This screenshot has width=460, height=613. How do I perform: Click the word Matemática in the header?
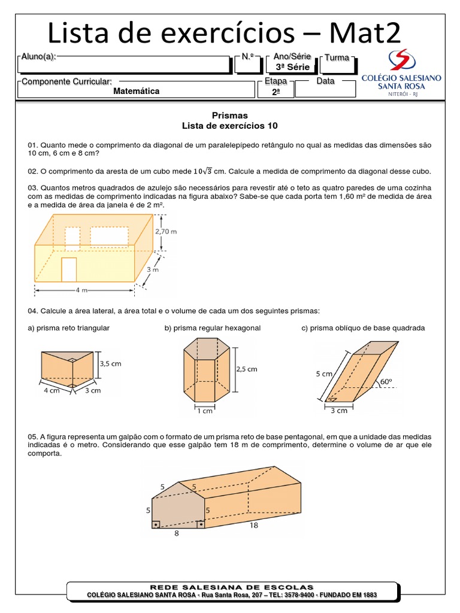pyautogui.click(x=137, y=92)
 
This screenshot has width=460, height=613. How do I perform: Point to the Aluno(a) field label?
pyautogui.click(x=38, y=57)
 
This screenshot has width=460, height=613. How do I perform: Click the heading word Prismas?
pyautogui.click(x=229, y=115)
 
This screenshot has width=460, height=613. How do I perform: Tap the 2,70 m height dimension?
pyautogui.click(x=166, y=230)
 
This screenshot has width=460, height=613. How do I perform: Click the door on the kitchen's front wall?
pyautogui.click(x=69, y=269)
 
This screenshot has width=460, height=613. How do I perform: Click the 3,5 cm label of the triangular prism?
pyautogui.click(x=111, y=363)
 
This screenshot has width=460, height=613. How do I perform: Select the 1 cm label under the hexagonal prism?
pyautogui.click(x=204, y=411)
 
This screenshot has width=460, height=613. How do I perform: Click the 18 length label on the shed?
pyautogui.click(x=254, y=525)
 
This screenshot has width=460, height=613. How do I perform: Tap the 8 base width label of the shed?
pyautogui.click(x=177, y=533)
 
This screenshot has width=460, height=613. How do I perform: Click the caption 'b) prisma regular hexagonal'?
pyautogui.click(x=212, y=328)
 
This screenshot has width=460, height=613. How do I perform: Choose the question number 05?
pyautogui.click(x=32, y=436)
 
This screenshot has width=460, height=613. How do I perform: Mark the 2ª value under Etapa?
pyautogui.click(x=276, y=92)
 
